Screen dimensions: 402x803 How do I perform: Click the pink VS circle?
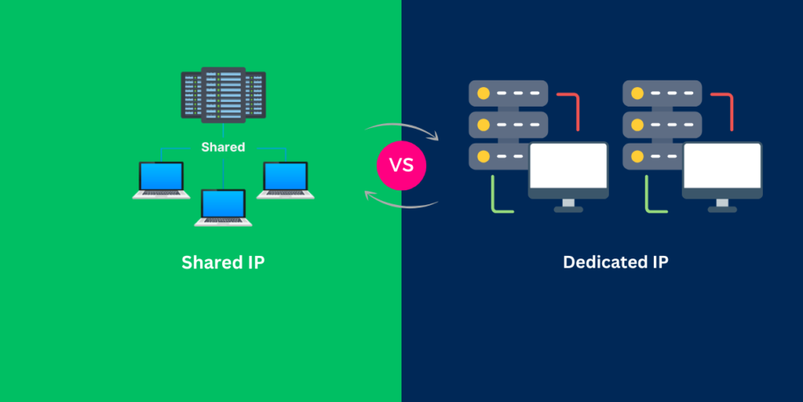401,164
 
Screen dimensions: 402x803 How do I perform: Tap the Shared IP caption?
223,263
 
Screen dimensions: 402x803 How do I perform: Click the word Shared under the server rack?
223,147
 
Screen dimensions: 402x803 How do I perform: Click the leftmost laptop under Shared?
161,180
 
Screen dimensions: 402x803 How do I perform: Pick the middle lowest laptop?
223,208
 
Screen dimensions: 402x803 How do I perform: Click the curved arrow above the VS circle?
401,128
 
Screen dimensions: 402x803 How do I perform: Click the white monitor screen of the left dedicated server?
568,166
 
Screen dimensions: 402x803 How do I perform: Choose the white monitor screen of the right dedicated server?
722,166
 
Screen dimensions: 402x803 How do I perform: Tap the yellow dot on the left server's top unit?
483,94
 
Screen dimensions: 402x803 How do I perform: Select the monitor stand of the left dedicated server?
568,205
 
